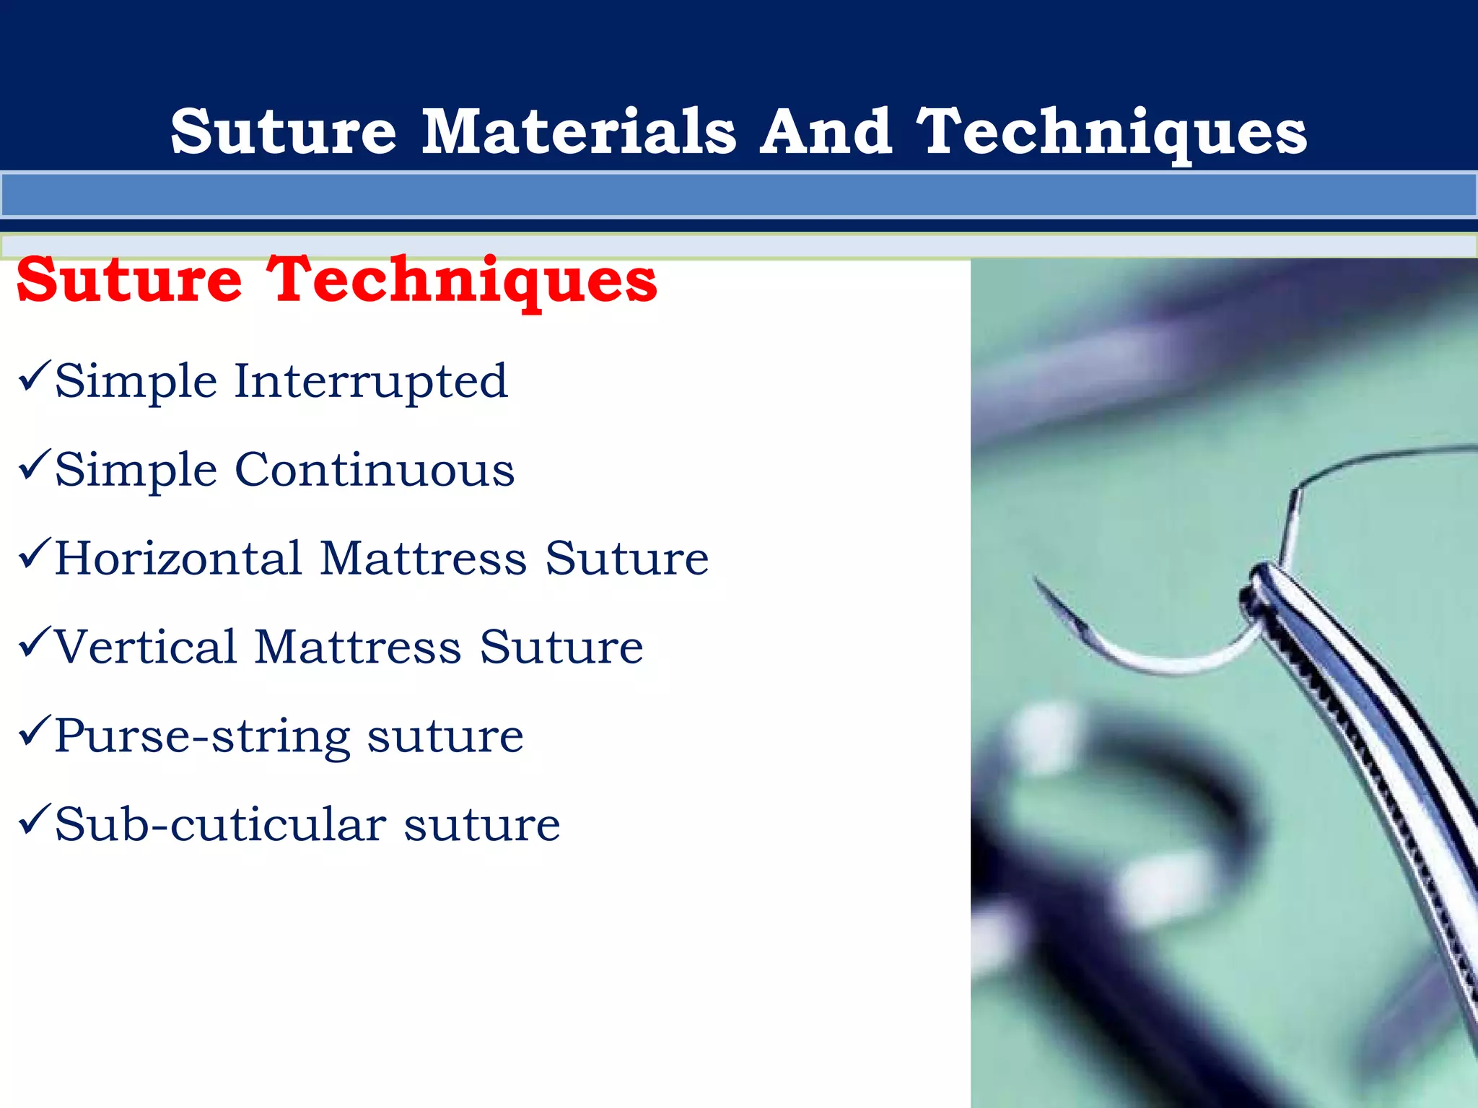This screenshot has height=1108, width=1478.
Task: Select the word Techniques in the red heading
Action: pos(462,282)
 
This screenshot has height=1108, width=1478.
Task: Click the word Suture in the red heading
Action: pos(130,282)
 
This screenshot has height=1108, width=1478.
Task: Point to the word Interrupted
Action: pos(371,381)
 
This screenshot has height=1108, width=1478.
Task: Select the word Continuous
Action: pos(375,470)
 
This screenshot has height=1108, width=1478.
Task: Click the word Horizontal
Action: pos(178,559)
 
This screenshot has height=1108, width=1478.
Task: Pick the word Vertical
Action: pos(145,647)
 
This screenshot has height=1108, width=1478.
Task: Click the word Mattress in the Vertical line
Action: pos(358,647)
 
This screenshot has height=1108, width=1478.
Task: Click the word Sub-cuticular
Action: pos(220,824)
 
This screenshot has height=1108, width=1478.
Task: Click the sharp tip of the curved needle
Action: pos(1036,579)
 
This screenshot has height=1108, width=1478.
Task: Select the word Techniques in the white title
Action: pos(1111,134)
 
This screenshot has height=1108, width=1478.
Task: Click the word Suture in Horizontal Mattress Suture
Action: pos(626,559)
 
